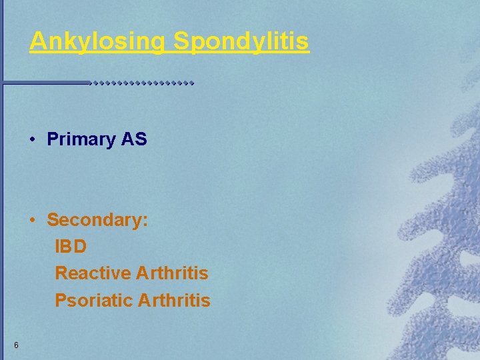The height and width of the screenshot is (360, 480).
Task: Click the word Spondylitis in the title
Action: (241, 41)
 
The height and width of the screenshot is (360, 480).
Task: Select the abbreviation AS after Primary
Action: (134, 139)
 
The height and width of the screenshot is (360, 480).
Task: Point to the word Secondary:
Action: (97, 220)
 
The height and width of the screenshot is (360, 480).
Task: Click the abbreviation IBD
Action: (71, 247)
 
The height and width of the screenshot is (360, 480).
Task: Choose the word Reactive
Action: (92, 273)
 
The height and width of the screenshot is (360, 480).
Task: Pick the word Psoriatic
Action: (93, 301)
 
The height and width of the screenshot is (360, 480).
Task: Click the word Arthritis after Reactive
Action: (172, 273)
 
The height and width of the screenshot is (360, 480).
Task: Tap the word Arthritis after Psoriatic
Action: (174, 301)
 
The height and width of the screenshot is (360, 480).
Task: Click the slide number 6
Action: (15, 345)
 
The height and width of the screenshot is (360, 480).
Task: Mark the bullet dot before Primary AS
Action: (32, 140)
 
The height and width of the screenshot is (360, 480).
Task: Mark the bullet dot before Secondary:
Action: (32, 221)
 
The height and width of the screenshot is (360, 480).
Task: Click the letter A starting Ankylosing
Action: (37, 41)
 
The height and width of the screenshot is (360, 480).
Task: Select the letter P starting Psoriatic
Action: (60, 301)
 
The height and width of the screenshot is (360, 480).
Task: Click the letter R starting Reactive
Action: (61, 273)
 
